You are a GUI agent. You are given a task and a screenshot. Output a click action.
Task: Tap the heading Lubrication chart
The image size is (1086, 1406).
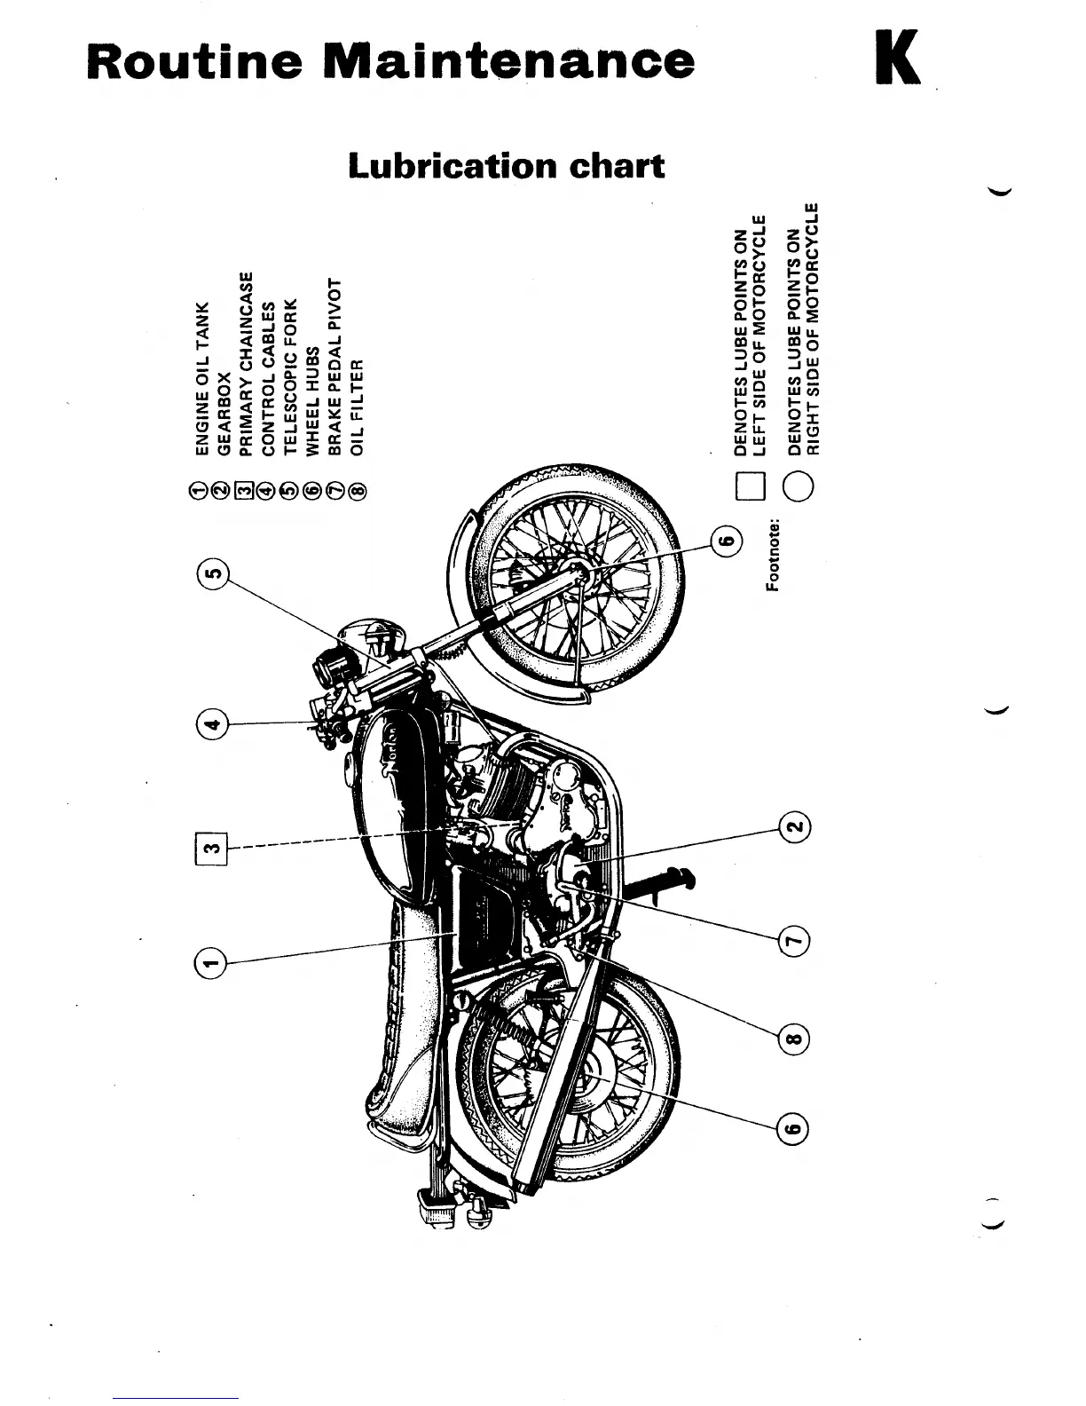pyautogui.click(x=506, y=166)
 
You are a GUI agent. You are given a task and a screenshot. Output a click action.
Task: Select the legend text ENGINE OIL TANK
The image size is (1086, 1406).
pyautogui.click(x=201, y=378)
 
